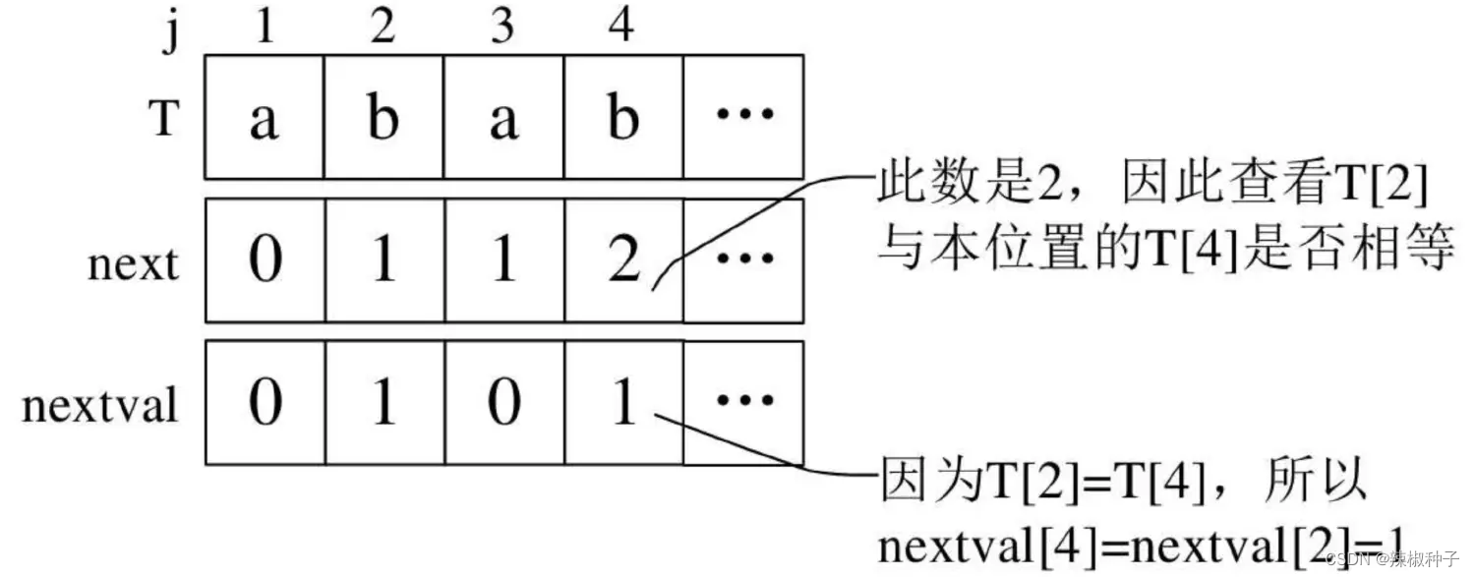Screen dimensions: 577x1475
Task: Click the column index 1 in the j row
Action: pyautogui.click(x=264, y=27)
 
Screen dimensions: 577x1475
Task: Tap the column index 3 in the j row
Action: pyautogui.click(x=503, y=27)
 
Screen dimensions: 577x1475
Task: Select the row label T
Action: pyautogui.click(x=164, y=119)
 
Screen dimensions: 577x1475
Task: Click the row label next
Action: pyautogui.click(x=134, y=263)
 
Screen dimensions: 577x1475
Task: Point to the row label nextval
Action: pyautogui.click(x=100, y=404)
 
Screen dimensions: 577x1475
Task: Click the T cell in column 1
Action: pyautogui.click(x=264, y=118)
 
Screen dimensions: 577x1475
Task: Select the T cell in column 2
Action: pyautogui.click(x=383, y=118)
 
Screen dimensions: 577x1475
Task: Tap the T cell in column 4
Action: pyautogui.click(x=623, y=118)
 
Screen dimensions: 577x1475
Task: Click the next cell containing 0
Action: pyautogui.click(x=264, y=261)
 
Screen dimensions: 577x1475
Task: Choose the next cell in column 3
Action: pyautogui.click(x=503, y=261)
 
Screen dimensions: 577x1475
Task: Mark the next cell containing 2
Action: pyautogui.click(x=623, y=261)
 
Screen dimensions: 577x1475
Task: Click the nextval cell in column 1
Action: pyautogui.click(x=264, y=403)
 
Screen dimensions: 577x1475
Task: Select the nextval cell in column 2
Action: pyautogui.click(x=383, y=403)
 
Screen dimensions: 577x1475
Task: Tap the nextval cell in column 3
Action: pyautogui.click(x=503, y=403)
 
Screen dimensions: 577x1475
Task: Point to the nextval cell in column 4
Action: pyautogui.click(x=623, y=403)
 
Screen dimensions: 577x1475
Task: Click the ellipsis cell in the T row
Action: pyautogui.click(x=743, y=118)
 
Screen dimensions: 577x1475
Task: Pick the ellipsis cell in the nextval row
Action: pyautogui.click(x=743, y=403)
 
